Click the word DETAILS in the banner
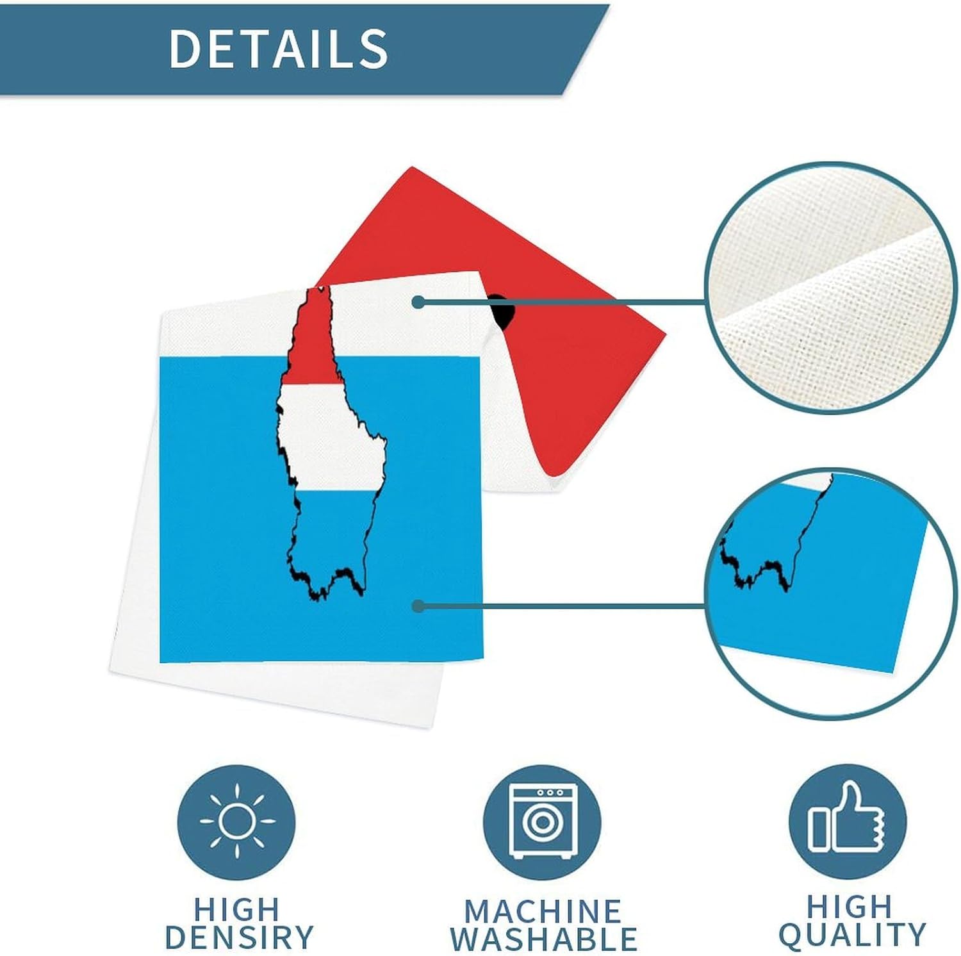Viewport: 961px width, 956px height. (x=278, y=48)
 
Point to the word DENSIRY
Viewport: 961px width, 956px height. (x=239, y=937)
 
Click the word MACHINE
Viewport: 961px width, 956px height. (x=543, y=911)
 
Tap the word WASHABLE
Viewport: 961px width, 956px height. (x=543, y=939)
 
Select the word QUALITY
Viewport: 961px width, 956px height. (x=852, y=935)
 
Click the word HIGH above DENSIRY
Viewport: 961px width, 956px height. (x=237, y=909)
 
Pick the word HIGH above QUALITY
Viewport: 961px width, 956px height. (x=850, y=906)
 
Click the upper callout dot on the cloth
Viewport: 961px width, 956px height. (x=418, y=302)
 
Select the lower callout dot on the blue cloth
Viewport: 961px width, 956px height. (x=418, y=606)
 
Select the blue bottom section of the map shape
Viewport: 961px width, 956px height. (x=327, y=538)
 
